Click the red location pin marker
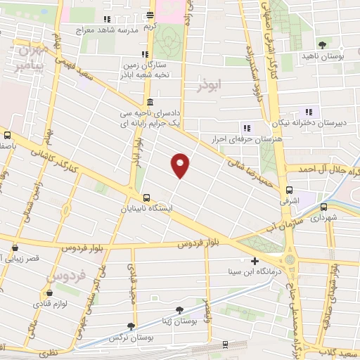click(181, 165)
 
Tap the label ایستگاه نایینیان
click(123, 209)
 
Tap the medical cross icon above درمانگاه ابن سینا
click(255, 261)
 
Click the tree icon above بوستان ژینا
click(180, 310)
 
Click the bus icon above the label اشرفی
click(289, 191)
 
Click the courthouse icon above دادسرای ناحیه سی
click(150, 102)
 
